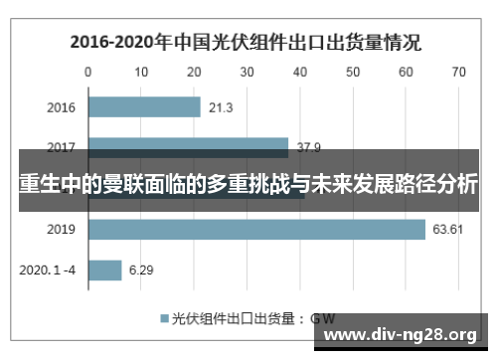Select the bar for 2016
tap(144, 107)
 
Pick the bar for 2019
tap(256, 230)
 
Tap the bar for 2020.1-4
tap(105, 270)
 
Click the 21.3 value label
tap(222, 107)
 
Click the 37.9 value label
tap(309, 148)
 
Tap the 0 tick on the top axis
tap(88, 72)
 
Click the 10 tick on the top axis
tap(141, 72)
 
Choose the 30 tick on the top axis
tap(247, 72)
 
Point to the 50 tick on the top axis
tap(353, 72)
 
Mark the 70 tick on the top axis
tap(458, 72)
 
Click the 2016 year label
tap(61, 107)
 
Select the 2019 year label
tap(61, 230)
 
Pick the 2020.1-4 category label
tap(48, 270)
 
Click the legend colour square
tap(164, 319)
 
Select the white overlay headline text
tap(248, 184)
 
